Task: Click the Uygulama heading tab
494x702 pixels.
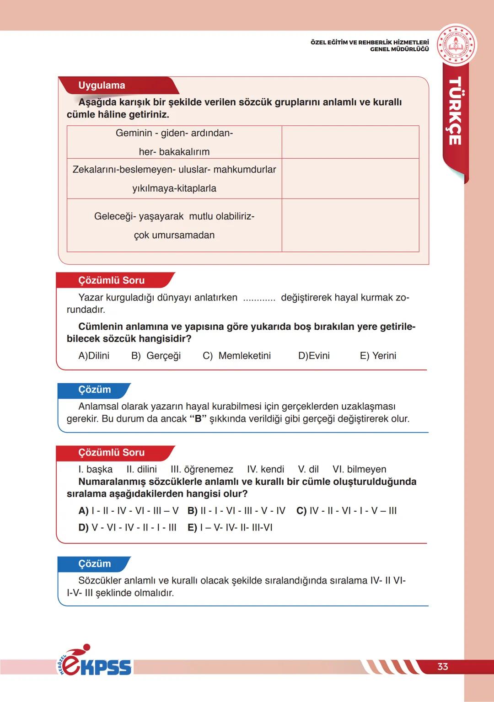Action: [102, 86]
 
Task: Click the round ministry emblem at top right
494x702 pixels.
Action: [456, 45]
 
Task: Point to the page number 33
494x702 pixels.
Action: [442, 666]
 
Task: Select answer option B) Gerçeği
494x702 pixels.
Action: [156, 356]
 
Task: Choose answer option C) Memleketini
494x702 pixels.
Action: [236, 356]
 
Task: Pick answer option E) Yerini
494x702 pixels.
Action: [378, 356]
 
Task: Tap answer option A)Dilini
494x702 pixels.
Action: [94, 356]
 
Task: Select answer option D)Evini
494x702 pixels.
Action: [314, 356]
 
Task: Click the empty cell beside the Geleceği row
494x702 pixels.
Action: [350, 225]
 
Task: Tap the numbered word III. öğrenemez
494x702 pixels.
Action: [202, 469]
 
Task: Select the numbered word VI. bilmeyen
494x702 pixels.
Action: [359, 469]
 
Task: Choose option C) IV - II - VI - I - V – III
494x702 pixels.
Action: [347, 511]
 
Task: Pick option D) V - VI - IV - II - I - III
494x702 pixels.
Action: [127, 528]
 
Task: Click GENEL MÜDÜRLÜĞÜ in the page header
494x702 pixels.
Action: [399, 49]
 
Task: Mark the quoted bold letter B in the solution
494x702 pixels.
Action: [198, 419]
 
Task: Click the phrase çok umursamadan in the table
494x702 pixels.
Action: [174, 235]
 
